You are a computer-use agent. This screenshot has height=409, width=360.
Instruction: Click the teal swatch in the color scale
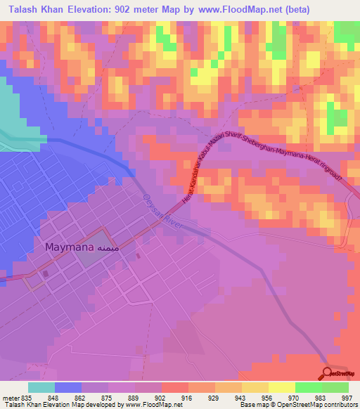pos(41,387)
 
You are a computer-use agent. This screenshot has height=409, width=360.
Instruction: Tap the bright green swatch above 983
pos(309,387)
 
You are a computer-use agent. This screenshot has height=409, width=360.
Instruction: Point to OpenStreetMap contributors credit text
pos(323,405)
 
